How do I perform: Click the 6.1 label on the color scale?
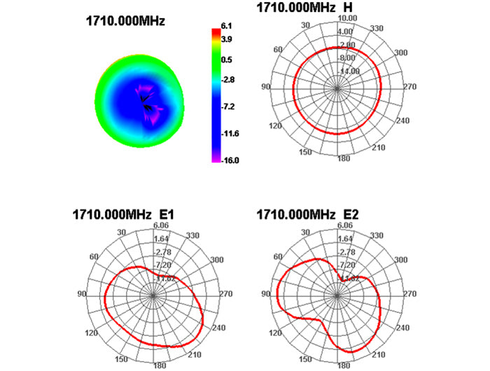tap(227, 26)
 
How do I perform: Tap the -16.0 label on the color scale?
tap(231, 160)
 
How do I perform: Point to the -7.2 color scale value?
tap(229, 106)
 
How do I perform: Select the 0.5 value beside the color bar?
tap(227, 60)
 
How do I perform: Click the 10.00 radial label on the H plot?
tap(347, 17)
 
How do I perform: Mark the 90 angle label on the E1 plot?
tap(82, 294)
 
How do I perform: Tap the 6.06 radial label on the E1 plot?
tap(160, 225)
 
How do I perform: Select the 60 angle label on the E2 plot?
tap(279, 257)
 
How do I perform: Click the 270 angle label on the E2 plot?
tap(413, 294)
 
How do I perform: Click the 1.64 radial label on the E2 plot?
tap(344, 238)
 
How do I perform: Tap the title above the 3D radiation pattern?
tap(125, 21)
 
